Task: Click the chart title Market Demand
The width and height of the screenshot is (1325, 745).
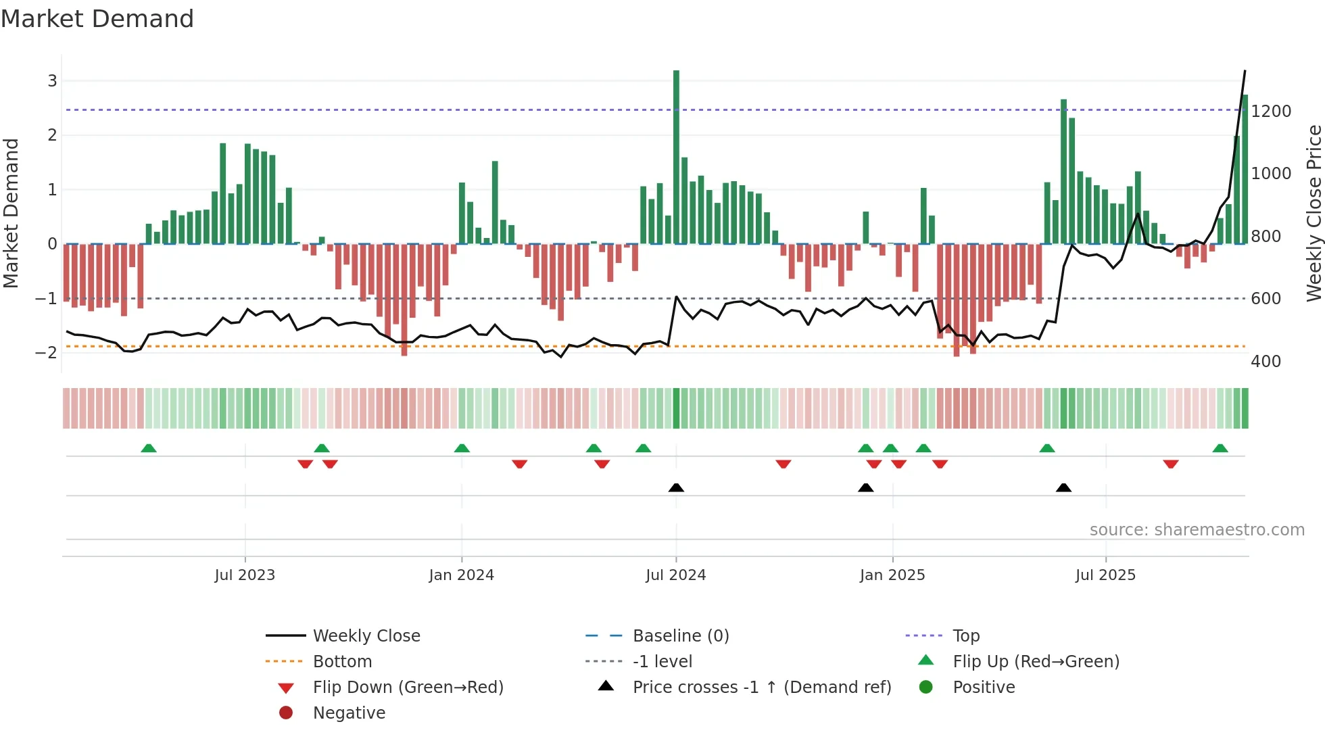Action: click(97, 19)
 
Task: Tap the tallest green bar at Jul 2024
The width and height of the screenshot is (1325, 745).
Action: click(676, 155)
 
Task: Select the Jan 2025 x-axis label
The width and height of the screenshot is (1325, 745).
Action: click(892, 575)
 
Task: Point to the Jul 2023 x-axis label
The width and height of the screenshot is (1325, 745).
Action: click(245, 575)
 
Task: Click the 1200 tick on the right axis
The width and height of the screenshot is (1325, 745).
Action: click(1271, 111)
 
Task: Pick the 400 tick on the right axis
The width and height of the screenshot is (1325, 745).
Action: click(1266, 361)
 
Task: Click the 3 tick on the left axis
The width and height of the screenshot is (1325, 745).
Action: click(52, 81)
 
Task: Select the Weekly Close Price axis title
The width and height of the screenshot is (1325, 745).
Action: click(1314, 213)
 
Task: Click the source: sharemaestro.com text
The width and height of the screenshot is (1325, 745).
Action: click(1197, 529)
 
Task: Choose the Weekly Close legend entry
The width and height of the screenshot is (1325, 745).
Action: click(366, 635)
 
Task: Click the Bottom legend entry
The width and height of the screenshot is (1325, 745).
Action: click(342, 661)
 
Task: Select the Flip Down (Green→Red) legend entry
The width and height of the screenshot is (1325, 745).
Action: click(408, 687)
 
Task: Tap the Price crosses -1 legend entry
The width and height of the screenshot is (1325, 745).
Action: click(761, 687)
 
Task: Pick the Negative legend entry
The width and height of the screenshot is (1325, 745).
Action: click(349, 713)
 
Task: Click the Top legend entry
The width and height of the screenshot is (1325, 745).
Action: click(966, 635)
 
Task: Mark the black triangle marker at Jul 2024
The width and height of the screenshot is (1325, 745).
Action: click(676, 487)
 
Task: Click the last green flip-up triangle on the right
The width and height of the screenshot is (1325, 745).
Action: click(1220, 448)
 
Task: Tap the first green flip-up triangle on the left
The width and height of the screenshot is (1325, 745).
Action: click(149, 448)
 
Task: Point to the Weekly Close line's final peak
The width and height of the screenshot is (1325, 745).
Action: click(1245, 71)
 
